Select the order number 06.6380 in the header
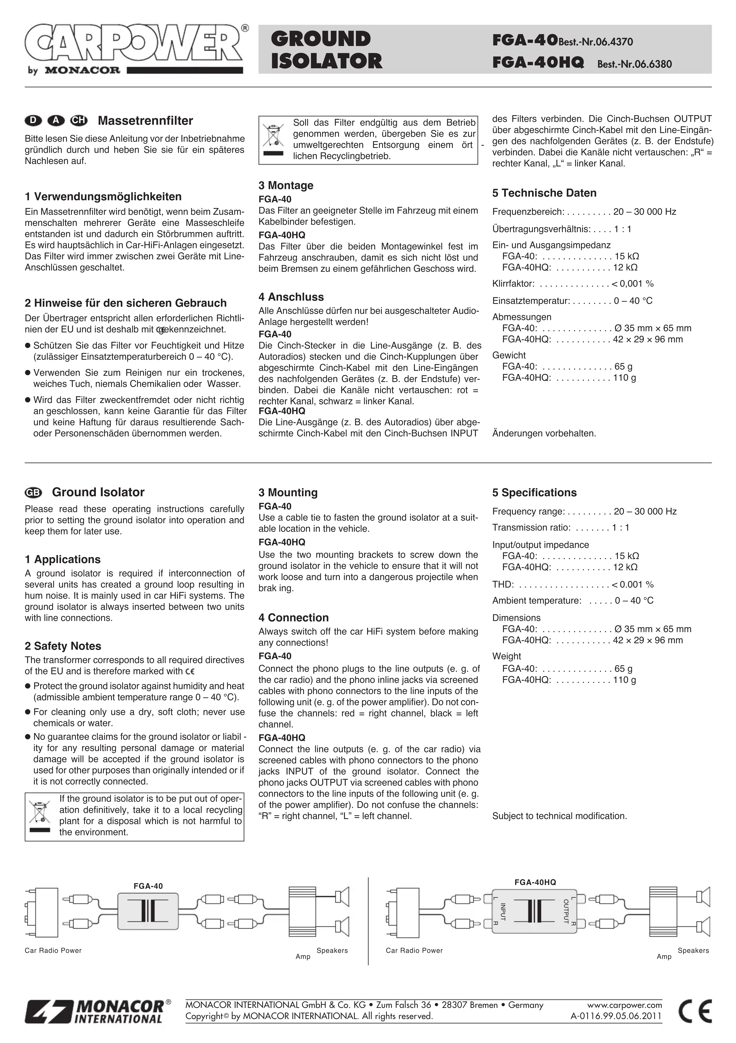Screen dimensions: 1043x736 click(654, 65)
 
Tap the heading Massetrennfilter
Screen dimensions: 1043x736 click(145, 121)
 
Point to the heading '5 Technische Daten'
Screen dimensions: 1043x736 click(544, 193)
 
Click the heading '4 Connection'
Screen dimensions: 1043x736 click(294, 618)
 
